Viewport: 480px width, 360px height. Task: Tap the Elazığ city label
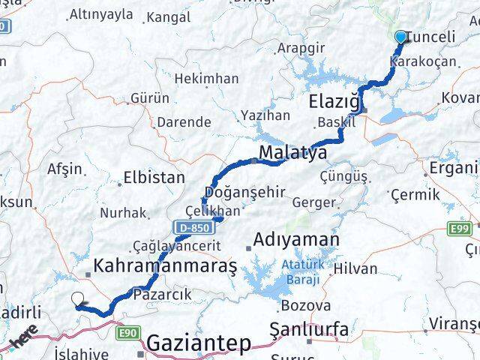(x=336, y=100)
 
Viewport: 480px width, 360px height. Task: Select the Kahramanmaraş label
(x=165, y=265)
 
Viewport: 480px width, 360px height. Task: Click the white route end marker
(x=78, y=300)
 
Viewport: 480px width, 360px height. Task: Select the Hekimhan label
(x=206, y=78)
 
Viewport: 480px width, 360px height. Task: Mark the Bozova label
(x=305, y=305)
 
